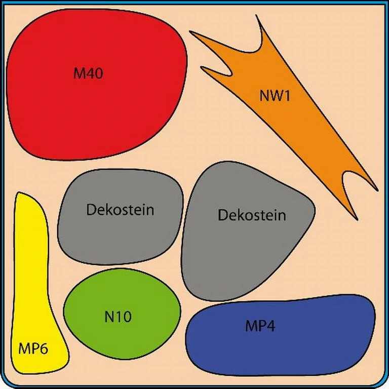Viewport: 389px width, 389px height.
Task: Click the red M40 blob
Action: click(x=96, y=101)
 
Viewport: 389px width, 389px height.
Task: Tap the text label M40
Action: click(x=88, y=73)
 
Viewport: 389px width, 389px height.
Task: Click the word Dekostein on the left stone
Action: click(x=120, y=210)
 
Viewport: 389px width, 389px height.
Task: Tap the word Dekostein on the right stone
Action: click(x=252, y=215)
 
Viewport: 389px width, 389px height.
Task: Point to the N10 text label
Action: click(x=118, y=318)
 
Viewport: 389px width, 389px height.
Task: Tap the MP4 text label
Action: click(x=260, y=326)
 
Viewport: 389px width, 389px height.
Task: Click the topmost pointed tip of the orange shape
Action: click(x=257, y=16)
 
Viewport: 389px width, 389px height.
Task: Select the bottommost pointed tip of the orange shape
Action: click(x=357, y=218)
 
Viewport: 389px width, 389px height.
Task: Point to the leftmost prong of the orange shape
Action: click(x=192, y=33)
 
